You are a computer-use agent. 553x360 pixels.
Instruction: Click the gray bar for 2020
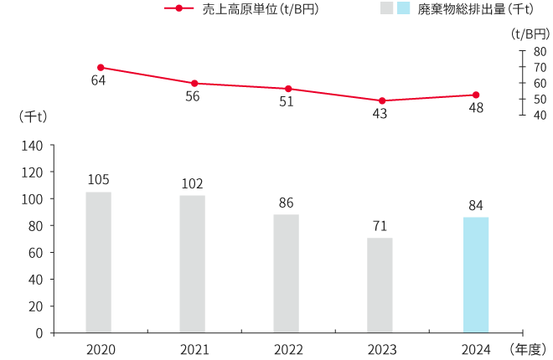pyautogui.click(x=98, y=262)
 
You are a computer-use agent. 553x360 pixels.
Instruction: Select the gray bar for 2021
pyautogui.click(x=192, y=264)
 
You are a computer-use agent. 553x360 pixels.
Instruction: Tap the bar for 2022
pyautogui.click(x=286, y=273)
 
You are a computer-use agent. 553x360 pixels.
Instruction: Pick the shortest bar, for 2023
pyautogui.click(x=380, y=285)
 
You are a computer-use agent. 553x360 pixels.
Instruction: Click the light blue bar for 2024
pyautogui.click(x=476, y=275)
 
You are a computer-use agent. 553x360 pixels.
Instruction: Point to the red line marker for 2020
pyautogui.click(x=101, y=67)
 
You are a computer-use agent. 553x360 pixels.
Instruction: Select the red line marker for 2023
pyautogui.click(x=382, y=100)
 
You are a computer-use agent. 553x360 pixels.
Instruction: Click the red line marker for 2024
pyautogui.click(x=476, y=95)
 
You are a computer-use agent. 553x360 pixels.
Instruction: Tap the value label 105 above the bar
pyautogui.click(x=98, y=180)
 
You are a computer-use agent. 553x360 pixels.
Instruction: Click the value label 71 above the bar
pyautogui.click(x=380, y=226)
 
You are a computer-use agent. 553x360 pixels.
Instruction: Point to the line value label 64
pyautogui.click(x=98, y=81)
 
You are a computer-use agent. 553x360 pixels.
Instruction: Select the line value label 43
pyautogui.click(x=380, y=114)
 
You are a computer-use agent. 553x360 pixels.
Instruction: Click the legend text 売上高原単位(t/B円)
pyautogui.click(x=261, y=9)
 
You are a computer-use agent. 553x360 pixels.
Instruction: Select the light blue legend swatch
pyautogui.click(x=403, y=9)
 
